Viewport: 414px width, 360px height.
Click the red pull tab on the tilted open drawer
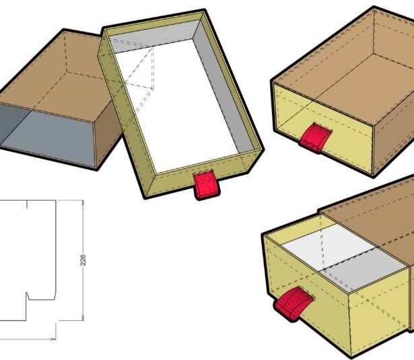click(x=207, y=185)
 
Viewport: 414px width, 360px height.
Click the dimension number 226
click(x=83, y=260)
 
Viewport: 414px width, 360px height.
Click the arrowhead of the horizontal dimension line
click(x=53, y=338)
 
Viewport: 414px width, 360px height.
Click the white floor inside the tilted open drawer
click(x=180, y=106)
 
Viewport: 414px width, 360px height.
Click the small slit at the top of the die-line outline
click(x=27, y=205)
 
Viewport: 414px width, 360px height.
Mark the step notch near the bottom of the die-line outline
click(x=28, y=296)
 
